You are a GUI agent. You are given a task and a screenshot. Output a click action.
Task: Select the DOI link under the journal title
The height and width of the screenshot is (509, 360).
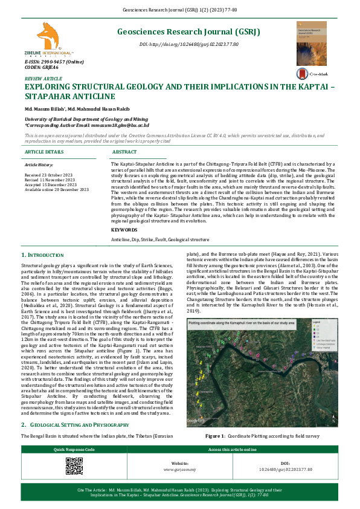[188, 45]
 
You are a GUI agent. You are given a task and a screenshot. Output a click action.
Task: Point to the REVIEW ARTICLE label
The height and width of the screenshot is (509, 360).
[43, 79]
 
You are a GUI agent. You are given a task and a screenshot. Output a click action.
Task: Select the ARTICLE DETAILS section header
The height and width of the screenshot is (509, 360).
[44, 152]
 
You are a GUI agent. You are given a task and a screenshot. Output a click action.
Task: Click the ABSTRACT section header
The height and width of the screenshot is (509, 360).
[125, 152]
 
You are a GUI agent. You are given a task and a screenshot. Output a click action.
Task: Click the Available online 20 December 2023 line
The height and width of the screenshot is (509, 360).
[56, 190]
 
